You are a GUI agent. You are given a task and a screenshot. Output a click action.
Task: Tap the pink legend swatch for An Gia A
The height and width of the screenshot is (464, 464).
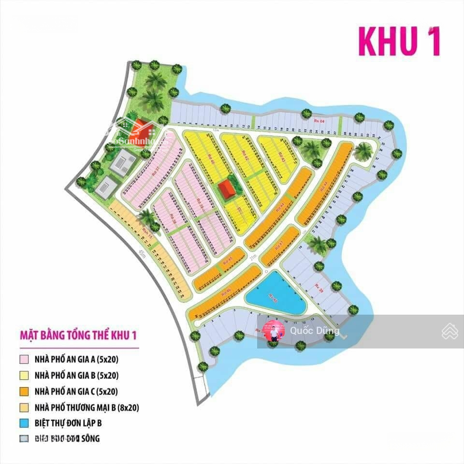(x=24, y=360)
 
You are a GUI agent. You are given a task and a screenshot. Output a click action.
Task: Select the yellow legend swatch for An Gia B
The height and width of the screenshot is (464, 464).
(x=24, y=375)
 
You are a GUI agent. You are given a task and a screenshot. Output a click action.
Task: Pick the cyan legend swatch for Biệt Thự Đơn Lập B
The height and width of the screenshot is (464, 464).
(x=24, y=423)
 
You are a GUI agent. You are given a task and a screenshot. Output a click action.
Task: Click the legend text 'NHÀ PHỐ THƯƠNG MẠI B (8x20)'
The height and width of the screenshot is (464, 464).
(x=87, y=407)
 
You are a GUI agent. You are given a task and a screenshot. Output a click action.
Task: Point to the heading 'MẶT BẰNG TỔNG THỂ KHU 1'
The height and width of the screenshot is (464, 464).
(x=78, y=335)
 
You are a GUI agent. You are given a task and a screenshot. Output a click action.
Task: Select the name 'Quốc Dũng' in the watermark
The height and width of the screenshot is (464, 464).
(x=315, y=331)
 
